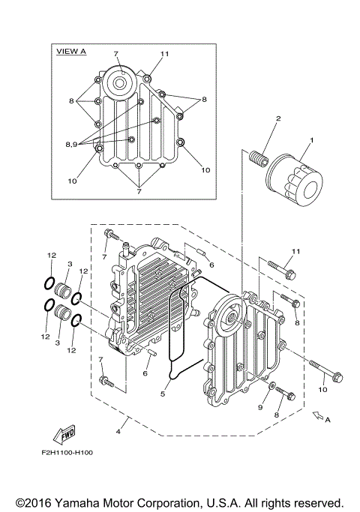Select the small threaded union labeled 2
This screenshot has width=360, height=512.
(256, 160)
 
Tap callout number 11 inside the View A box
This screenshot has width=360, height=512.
(165, 55)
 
